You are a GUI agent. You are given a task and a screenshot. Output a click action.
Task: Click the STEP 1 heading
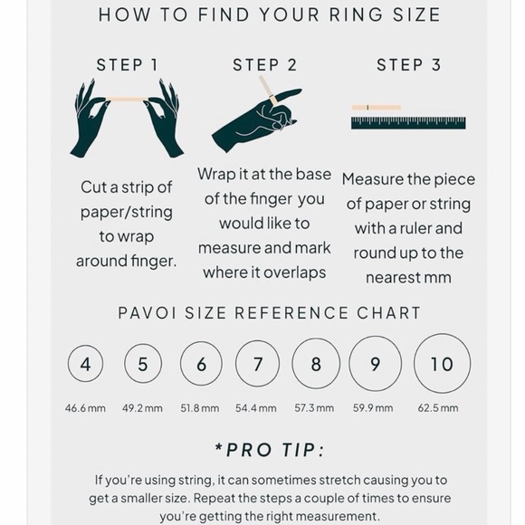127,65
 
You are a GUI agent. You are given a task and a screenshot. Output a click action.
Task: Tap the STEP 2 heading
265,65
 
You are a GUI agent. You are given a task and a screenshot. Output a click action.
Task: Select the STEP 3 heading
408,65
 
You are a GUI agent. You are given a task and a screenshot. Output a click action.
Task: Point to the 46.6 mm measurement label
85,408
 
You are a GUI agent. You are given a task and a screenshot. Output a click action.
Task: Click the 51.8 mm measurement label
200,408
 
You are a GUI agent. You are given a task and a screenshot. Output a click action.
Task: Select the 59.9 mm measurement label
373,408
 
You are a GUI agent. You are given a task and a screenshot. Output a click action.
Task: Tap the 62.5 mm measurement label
438,408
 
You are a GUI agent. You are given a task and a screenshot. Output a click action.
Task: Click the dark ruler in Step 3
408,122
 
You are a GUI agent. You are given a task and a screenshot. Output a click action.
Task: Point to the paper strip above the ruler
376,108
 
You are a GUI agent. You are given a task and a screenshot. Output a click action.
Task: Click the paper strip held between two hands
127,100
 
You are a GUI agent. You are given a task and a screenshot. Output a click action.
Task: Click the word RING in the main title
357,15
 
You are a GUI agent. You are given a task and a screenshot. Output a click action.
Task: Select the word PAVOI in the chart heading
148,313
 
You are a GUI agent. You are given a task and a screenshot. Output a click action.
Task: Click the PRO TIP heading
270,450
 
